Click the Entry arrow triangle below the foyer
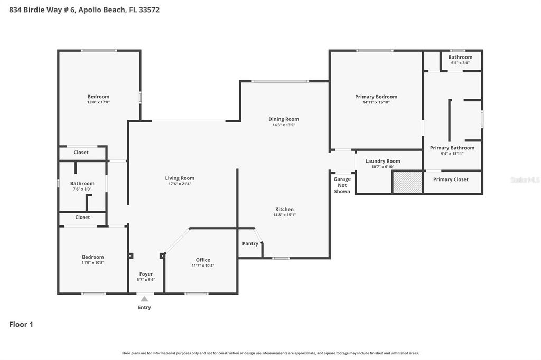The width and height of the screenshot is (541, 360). [x=144, y=299]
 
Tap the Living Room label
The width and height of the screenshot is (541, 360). [x=180, y=178]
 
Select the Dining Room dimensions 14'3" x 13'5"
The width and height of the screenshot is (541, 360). [x=284, y=125]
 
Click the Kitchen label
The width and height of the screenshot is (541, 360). [x=284, y=209]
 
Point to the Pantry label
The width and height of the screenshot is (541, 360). [x=250, y=243]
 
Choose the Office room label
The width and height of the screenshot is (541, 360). [x=203, y=260]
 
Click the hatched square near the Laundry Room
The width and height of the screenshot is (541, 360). [x=407, y=182]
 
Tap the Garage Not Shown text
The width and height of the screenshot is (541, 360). [x=342, y=185]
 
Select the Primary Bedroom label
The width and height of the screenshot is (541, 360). [x=376, y=97]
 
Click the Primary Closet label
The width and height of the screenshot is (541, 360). [x=451, y=179]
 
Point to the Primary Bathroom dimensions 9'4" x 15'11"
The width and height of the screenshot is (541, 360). [x=452, y=154]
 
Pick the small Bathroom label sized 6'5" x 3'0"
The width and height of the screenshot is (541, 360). [x=460, y=57]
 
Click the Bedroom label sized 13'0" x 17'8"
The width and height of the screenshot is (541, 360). [x=98, y=97]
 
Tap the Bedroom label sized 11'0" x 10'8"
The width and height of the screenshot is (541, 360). [x=92, y=257]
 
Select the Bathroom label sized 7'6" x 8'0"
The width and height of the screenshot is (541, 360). [x=82, y=183]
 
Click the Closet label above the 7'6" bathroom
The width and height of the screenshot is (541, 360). [x=81, y=153]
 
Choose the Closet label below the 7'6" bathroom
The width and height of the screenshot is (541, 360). [x=82, y=217]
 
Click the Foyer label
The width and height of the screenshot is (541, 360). [x=146, y=274]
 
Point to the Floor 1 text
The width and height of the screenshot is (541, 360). [x=21, y=325]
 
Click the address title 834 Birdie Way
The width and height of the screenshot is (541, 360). [x=84, y=10]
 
